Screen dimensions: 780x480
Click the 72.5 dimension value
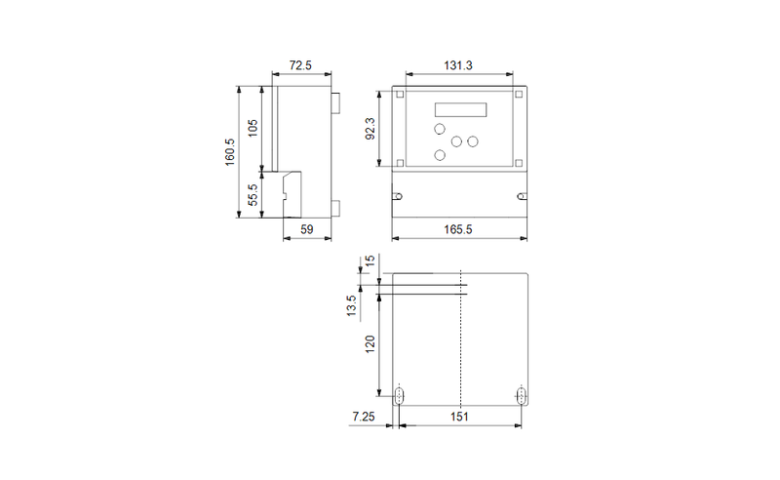pyautogui.click(x=300, y=65)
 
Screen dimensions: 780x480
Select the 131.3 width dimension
pyautogui.click(x=458, y=65)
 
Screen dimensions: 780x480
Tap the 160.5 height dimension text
pyautogui.click(x=229, y=152)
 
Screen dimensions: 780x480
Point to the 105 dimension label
pyautogui.click(x=253, y=129)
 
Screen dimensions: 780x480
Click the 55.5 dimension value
pyautogui.click(x=253, y=195)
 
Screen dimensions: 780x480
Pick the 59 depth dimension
pyautogui.click(x=307, y=229)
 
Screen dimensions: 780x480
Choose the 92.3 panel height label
pyautogui.click(x=370, y=129)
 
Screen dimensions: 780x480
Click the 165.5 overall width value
pyautogui.click(x=458, y=229)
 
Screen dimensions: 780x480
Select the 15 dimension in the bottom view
pyautogui.click(x=370, y=260)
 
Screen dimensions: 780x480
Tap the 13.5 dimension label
pyautogui.click(x=351, y=305)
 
